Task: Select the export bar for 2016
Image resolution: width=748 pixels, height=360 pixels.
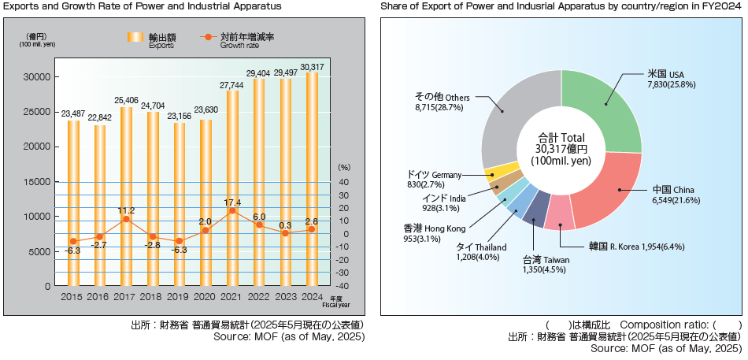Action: (x=100, y=205)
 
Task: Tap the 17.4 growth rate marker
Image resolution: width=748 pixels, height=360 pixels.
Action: (x=232, y=210)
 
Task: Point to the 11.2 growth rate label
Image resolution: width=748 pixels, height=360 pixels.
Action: (x=127, y=210)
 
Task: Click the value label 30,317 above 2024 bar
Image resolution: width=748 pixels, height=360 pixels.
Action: (x=313, y=66)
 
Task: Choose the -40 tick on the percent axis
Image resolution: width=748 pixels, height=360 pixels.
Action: (x=344, y=286)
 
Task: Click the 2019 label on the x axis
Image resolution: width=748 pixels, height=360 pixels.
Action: (x=180, y=297)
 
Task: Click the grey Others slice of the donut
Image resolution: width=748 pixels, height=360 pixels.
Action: (x=512, y=126)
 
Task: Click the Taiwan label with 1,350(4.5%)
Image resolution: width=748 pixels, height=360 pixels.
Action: (x=546, y=265)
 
